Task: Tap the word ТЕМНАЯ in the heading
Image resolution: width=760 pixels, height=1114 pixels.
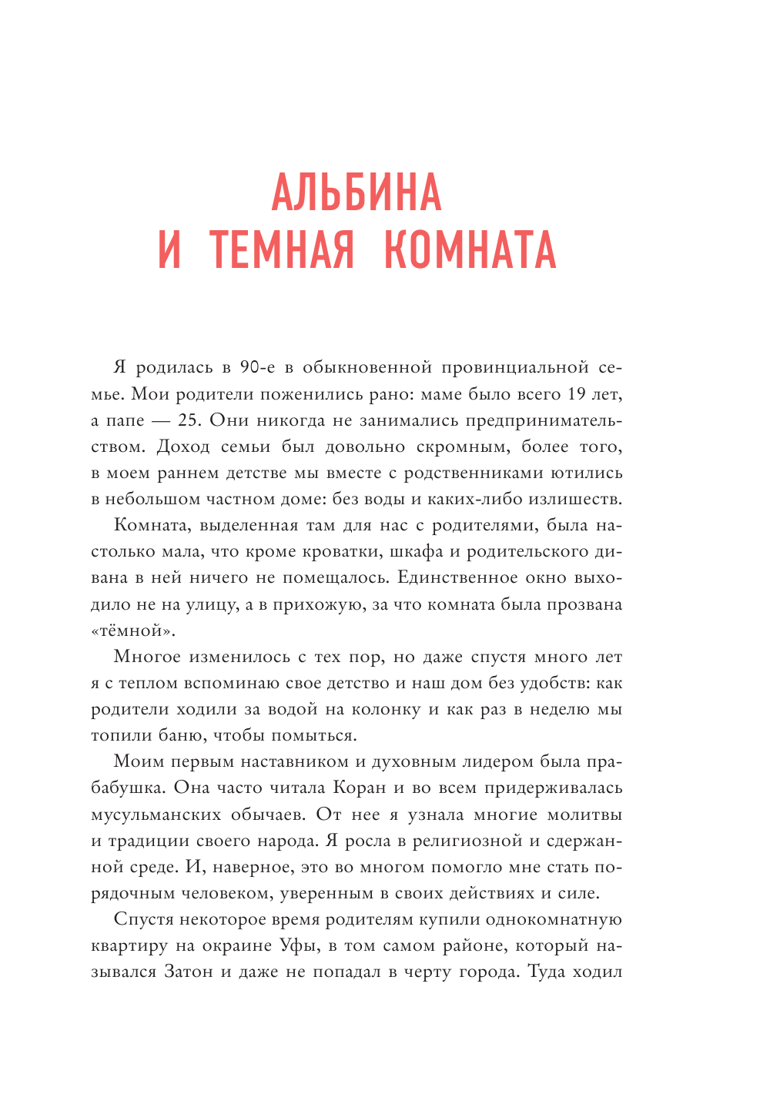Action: point(282,250)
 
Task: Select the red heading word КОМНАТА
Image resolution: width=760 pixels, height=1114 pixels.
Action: point(470,250)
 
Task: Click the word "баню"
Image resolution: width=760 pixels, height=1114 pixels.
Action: point(181,735)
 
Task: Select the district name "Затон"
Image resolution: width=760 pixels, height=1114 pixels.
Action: point(188,972)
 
